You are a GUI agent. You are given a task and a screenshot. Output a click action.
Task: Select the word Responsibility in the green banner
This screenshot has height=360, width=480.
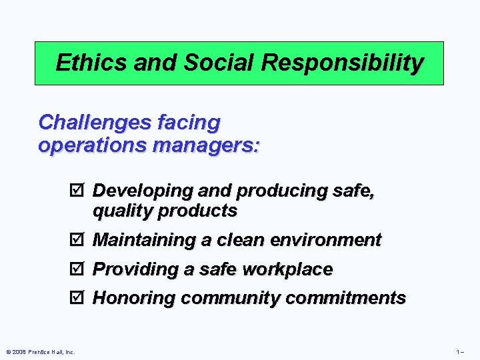(x=343, y=63)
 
